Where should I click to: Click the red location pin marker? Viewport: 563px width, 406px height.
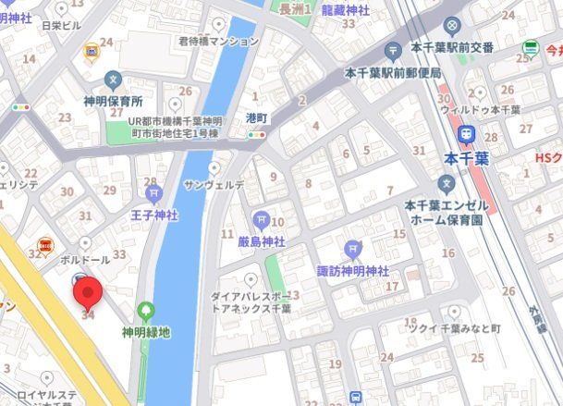tap(88, 294)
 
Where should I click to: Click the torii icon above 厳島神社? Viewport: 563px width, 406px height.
tap(261, 219)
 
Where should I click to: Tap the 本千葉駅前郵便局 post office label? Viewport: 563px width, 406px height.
tap(392, 71)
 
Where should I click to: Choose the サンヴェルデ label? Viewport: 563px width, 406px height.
tap(214, 185)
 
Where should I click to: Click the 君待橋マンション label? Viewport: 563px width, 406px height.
tap(218, 42)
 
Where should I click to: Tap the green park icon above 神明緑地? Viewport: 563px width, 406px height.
tap(145, 311)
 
